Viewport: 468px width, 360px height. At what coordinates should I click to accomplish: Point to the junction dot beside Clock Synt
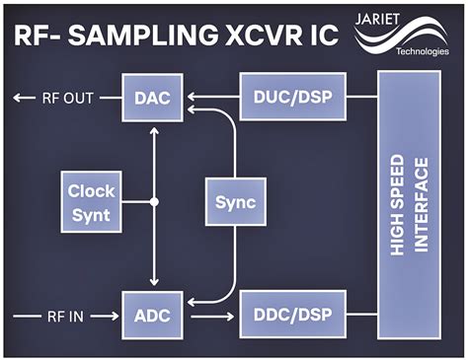tap(153, 201)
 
